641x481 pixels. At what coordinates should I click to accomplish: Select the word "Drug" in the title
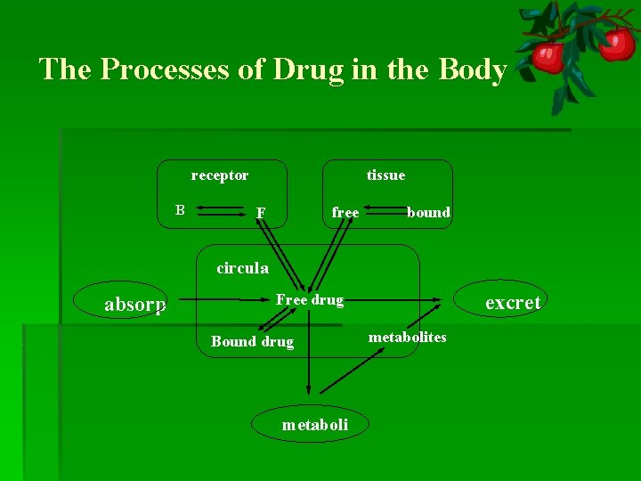click(x=308, y=69)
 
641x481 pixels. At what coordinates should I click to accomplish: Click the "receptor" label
click(x=220, y=175)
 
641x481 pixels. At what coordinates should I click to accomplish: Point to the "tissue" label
click(x=385, y=175)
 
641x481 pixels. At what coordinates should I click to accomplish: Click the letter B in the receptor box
click(x=180, y=210)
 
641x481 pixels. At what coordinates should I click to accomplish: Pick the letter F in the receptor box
click(x=260, y=213)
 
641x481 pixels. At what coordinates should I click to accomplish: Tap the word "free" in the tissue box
click(x=345, y=212)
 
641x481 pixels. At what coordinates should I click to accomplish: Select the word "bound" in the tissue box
click(x=428, y=212)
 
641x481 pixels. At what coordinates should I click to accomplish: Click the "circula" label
click(x=242, y=267)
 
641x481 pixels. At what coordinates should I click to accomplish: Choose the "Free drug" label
click(x=310, y=300)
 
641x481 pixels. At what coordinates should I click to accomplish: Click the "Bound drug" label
click(x=252, y=341)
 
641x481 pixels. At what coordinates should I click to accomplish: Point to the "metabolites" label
click(x=408, y=337)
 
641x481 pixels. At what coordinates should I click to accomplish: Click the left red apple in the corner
click(x=548, y=57)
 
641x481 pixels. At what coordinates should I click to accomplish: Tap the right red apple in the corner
click(x=616, y=42)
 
